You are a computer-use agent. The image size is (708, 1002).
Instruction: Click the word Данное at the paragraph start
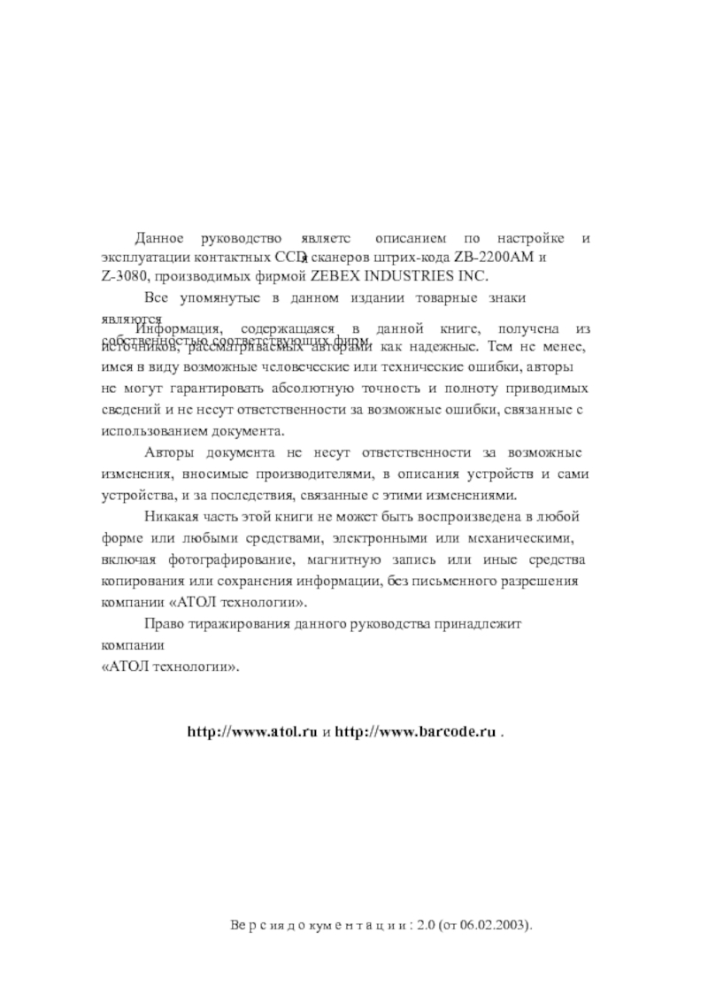tap(158, 239)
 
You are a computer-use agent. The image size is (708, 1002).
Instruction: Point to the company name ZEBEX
tap(334, 276)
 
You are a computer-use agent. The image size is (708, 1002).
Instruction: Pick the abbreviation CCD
tap(289, 258)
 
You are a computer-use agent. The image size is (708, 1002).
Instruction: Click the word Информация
tap(173, 328)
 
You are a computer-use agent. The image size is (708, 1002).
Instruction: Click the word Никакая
tap(174, 517)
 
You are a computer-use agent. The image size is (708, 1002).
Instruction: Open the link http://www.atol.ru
tap(251, 733)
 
